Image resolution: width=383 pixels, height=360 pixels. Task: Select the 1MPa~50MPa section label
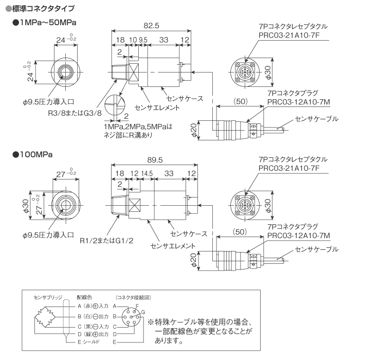pyautogui.click(x=48, y=23)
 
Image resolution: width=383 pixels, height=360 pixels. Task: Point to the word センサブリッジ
pyautogui.click(x=48, y=297)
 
